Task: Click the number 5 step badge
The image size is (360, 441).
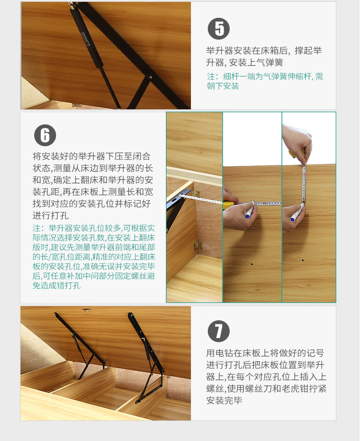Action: coord(219,29)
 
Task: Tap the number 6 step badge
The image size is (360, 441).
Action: coord(45,135)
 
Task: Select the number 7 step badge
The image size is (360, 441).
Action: coord(219,331)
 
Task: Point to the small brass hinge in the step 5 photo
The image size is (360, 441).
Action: coord(76,105)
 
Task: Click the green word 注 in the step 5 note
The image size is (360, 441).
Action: coord(211,77)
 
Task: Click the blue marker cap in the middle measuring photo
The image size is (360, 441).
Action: coord(247,215)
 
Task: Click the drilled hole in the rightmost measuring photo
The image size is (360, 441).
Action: coord(303,260)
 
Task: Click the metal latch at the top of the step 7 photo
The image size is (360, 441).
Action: coord(86,310)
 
